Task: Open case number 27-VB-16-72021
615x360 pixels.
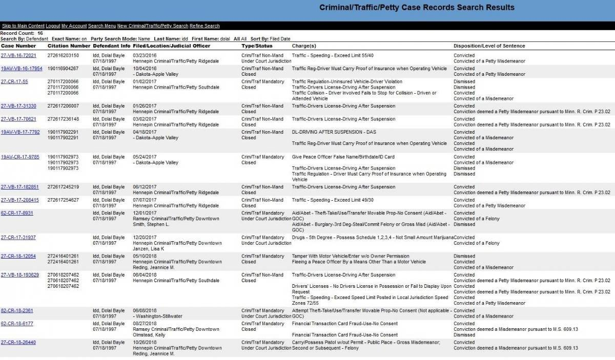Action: pos(18,55)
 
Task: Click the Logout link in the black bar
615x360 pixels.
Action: pos(53,26)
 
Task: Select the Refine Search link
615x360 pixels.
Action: pos(204,26)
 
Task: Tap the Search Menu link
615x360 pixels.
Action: pos(101,26)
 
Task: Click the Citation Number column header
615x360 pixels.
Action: pos(69,46)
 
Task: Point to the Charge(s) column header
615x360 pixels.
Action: pos(304,46)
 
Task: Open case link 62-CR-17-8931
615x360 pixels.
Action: pos(17,213)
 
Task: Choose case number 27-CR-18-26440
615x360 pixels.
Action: pos(18,342)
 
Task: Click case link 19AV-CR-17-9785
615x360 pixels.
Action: pos(19,157)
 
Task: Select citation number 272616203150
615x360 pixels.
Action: pos(63,55)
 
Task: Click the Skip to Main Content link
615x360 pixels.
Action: pos(23,26)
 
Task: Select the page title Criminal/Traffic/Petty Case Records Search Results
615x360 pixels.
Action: pos(417,8)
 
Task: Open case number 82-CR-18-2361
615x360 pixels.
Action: pos(17,310)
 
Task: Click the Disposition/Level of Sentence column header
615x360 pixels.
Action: pos(489,46)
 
